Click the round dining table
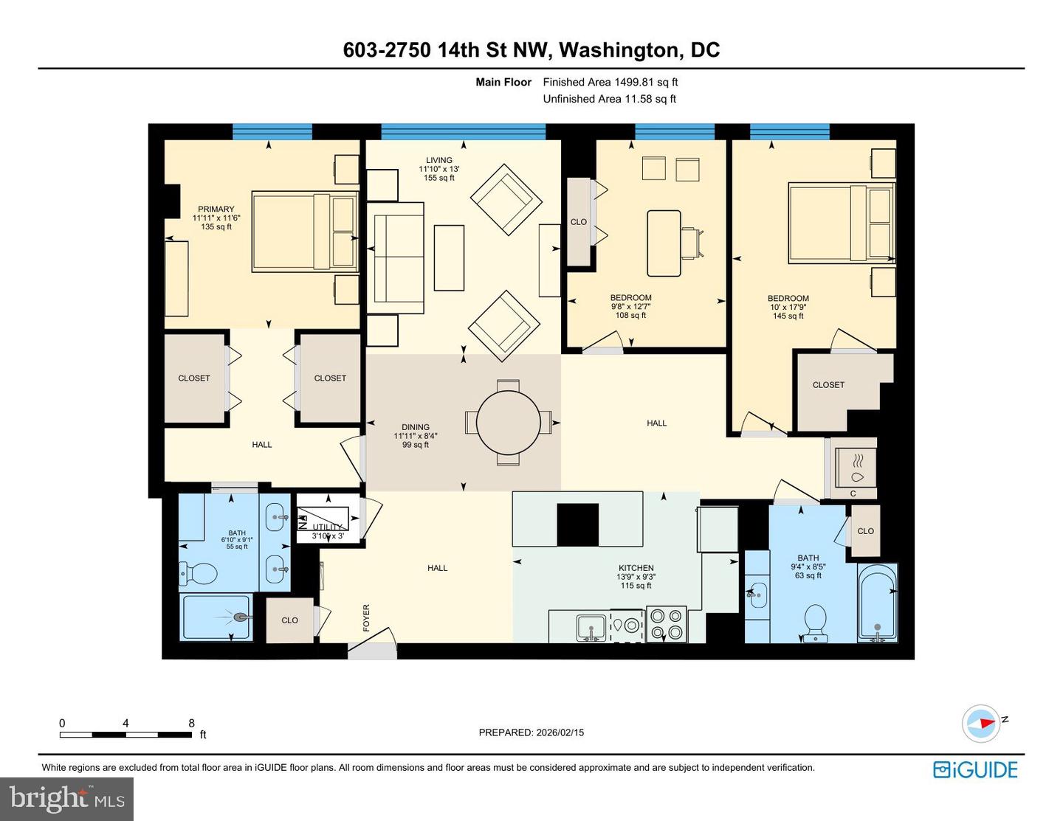tap(508, 423)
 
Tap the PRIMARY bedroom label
tap(216, 209)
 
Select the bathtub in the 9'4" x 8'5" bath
tap(877, 603)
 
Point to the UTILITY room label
tap(327, 527)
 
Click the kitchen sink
tap(591, 628)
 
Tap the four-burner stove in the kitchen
tap(667, 624)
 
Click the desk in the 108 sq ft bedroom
tap(664, 243)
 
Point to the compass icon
tap(980, 723)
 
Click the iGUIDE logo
tap(975, 769)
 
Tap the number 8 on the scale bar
tap(191, 723)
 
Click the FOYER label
tap(366, 618)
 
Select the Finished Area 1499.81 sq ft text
tap(610, 82)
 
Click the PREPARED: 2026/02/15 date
tap(531, 732)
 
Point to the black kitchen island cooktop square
tap(577, 524)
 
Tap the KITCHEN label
tap(636, 568)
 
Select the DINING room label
tap(415, 427)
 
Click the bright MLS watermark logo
tap(66, 799)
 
